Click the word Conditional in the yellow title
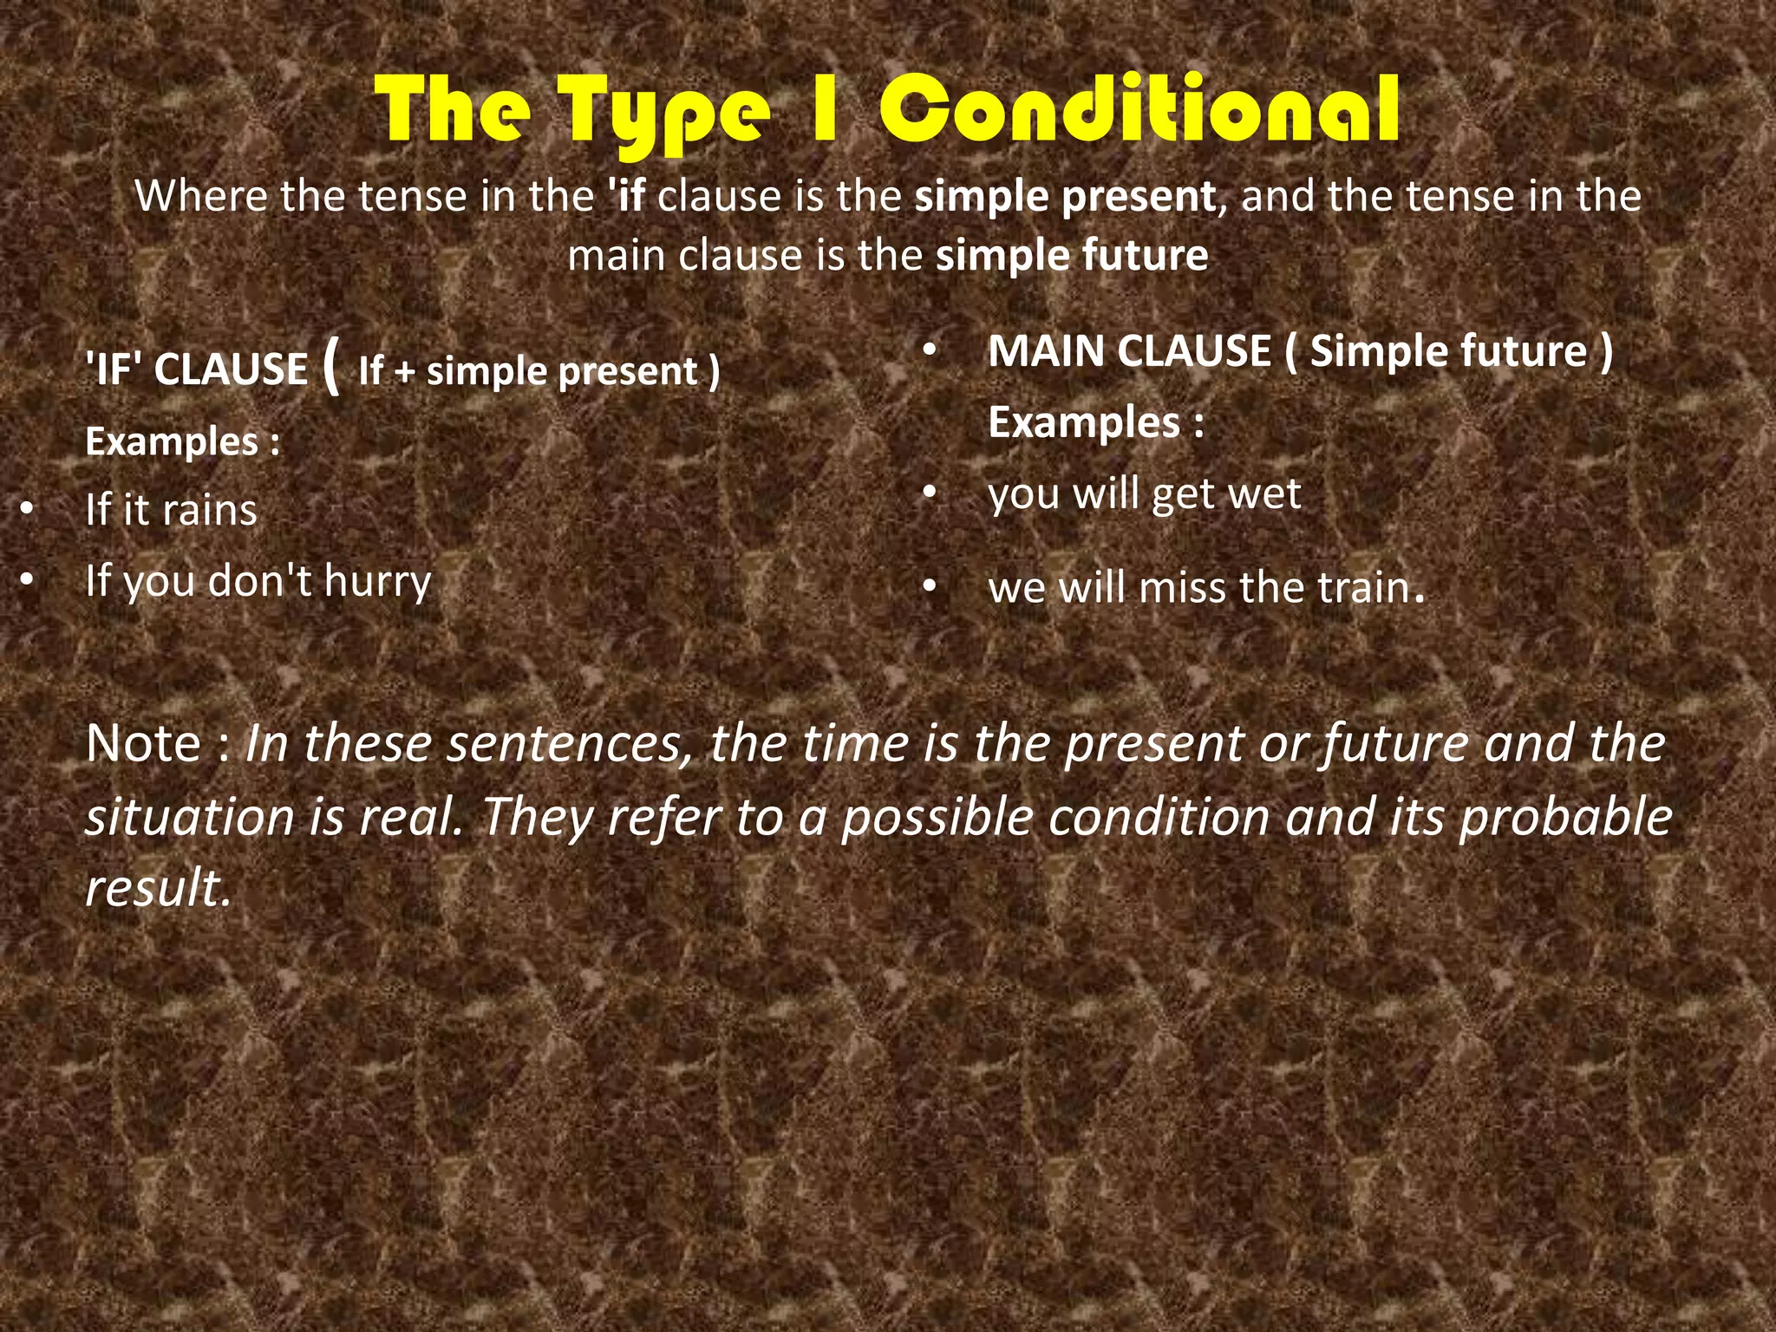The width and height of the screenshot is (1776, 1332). click(x=1139, y=111)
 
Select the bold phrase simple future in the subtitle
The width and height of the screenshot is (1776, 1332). click(x=1072, y=256)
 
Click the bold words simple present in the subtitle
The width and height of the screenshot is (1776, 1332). click(x=1065, y=197)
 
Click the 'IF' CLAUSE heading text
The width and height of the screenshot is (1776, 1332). click(x=196, y=369)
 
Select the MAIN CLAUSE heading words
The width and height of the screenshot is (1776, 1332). click(x=1129, y=352)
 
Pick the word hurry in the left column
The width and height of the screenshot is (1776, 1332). click(x=377, y=582)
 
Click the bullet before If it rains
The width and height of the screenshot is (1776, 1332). click(x=28, y=510)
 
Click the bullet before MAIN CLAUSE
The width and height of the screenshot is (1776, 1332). click(x=930, y=352)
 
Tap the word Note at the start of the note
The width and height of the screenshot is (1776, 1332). click(x=144, y=744)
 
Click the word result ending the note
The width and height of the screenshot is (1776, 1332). click(x=157, y=888)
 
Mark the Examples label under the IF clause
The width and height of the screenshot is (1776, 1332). click(x=172, y=442)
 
